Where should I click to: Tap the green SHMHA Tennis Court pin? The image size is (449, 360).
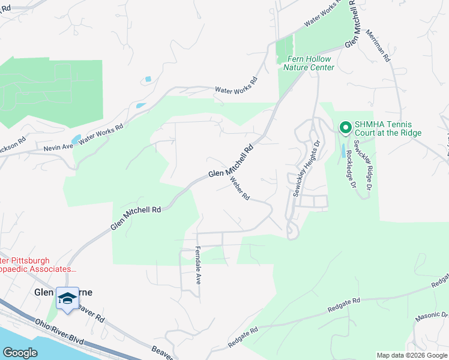(345, 128)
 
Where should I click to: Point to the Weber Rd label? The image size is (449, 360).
(240, 188)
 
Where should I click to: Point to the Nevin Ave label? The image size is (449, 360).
(57, 146)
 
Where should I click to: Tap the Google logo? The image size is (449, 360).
(20, 352)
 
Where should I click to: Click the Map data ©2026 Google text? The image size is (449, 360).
(411, 355)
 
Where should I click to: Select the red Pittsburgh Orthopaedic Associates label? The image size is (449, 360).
(36, 265)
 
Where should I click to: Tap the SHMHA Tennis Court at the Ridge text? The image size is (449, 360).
(388, 128)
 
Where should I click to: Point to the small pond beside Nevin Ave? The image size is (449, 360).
(75, 140)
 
